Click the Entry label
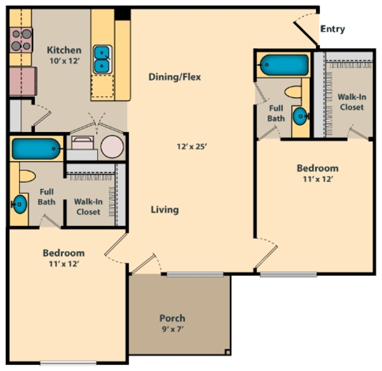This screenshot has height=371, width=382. (x=332, y=29)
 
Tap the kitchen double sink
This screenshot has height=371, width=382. (x=102, y=59)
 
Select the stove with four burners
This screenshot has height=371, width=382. (x=21, y=40)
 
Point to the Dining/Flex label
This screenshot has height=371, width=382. (x=175, y=77)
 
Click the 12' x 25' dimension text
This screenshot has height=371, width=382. (x=191, y=147)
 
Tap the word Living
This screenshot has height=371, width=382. (x=165, y=210)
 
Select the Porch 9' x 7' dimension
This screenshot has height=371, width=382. (x=172, y=329)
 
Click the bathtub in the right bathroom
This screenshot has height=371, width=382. (x=284, y=65)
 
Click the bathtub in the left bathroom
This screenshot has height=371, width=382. (x=36, y=148)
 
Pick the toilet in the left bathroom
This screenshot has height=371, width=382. (x=27, y=176)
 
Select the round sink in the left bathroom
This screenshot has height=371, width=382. (x=20, y=204)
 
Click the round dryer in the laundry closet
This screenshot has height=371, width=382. (x=112, y=147)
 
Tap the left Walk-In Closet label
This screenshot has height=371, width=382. (x=88, y=207)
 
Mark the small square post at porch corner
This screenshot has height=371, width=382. (x=227, y=351)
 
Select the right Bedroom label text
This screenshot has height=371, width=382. (x=317, y=168)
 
